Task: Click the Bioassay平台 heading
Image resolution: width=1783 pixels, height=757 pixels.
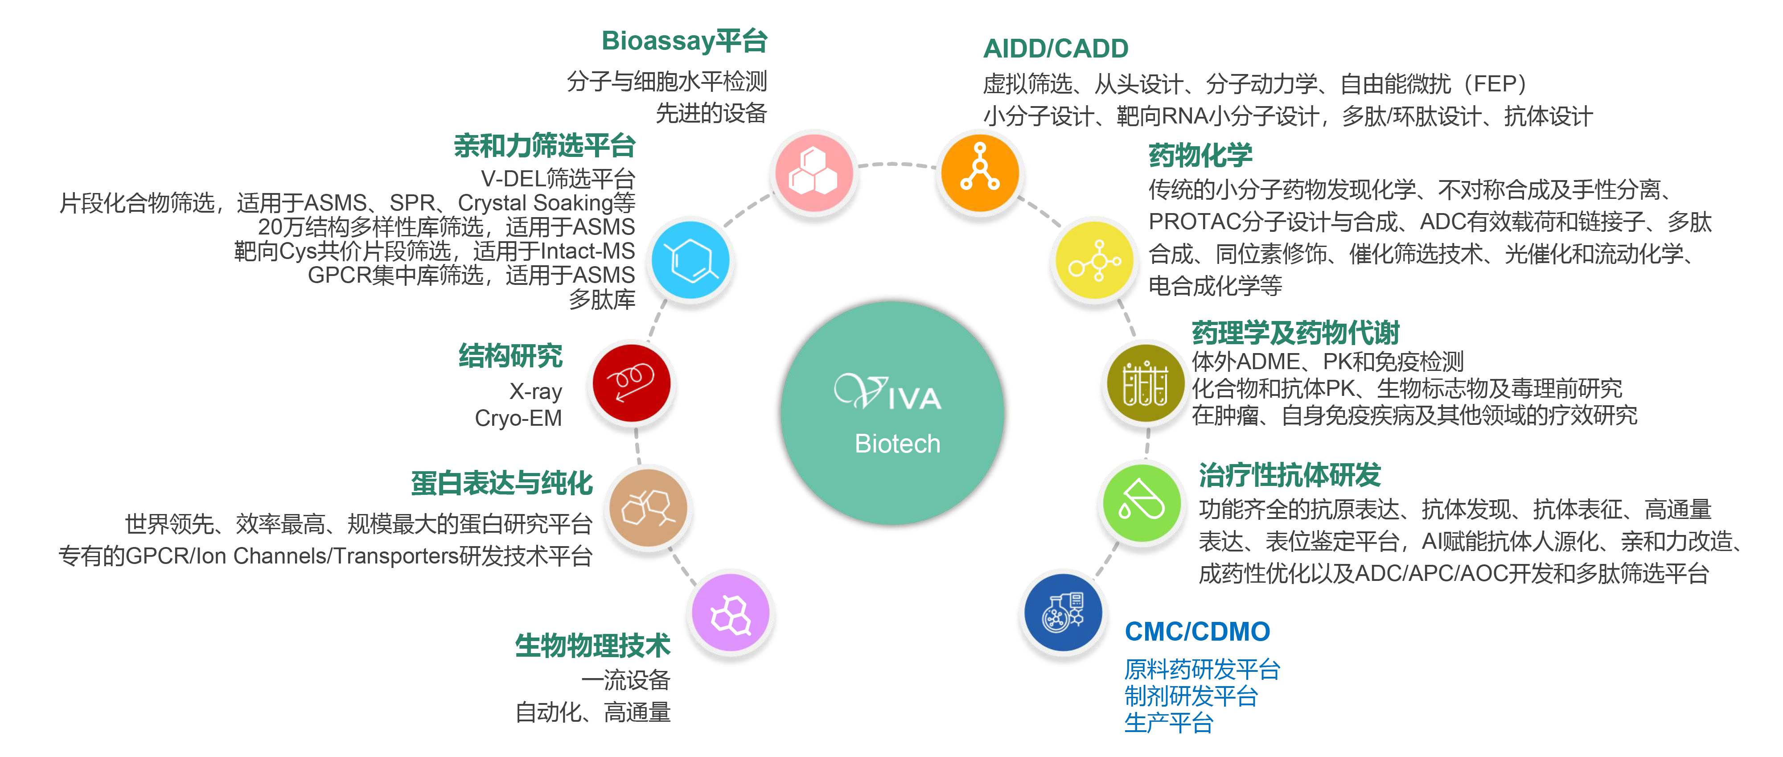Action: click(x=684, y=41)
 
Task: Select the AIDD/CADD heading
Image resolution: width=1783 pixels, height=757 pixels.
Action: click(x=1056, y=49)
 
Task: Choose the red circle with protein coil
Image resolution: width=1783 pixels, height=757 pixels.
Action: click(x=631, y=383)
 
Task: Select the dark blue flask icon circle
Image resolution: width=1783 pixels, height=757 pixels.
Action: click(x=1063, y=613)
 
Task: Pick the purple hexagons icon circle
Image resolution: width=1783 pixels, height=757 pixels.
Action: click(x=731, y=613)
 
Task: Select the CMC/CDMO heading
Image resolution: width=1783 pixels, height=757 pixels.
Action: click(x=1197, y=631)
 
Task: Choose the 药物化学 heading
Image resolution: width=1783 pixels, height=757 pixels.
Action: click(x=1200, y=155)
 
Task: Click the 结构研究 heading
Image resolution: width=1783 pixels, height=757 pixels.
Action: click(x=510, y=356)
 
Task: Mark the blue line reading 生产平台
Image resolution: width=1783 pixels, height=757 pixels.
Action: click(x=1168, y=723)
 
